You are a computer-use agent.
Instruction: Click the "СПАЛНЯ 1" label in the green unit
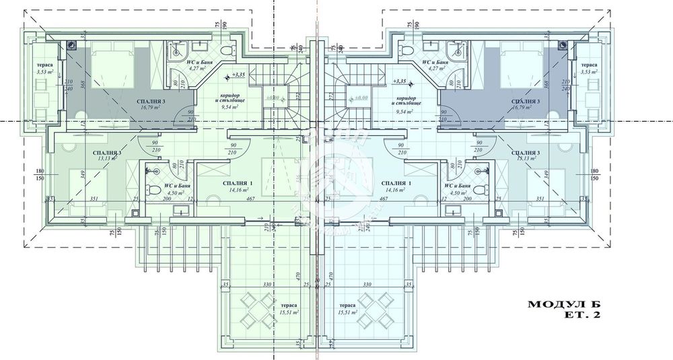click(238, 183)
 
